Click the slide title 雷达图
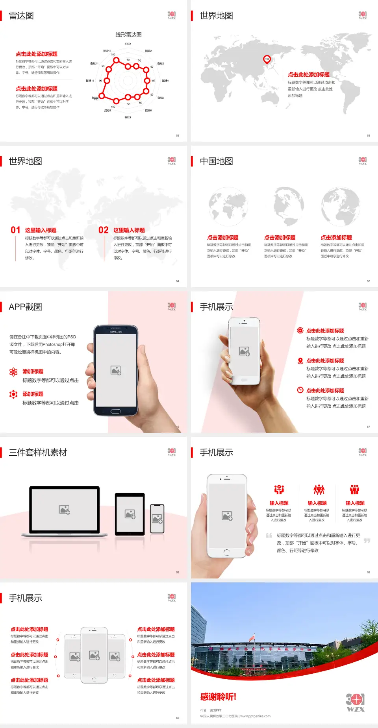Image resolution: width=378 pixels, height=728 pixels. click(21, 16)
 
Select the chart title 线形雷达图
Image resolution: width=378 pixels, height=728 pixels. click(128, 35)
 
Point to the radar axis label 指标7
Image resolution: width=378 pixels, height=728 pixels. click(128, 117)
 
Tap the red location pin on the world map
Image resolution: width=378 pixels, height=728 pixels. click(267, 59)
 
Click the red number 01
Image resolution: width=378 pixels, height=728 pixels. click(15, 230)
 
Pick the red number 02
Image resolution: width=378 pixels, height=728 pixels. click(104, 230)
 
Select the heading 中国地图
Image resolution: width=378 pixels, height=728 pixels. click(216, 161)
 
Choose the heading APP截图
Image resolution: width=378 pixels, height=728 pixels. click(25, 307)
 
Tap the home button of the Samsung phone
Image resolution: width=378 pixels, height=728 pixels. click(115, 411)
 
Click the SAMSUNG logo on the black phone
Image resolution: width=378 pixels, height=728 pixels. click(116, 332)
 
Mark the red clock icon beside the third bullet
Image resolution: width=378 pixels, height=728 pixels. click(300, 390)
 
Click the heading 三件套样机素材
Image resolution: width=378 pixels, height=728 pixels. click(38, 453)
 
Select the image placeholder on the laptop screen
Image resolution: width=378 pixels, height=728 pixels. click(65, 510)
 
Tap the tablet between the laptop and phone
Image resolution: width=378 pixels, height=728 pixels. click(130, 514)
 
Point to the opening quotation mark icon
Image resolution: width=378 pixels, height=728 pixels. click(269, 536)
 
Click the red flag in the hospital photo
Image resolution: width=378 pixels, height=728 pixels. click(252, 638)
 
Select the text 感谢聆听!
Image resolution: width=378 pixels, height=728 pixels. click(218, 697)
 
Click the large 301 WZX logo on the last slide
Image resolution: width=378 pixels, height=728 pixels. click(355, 703)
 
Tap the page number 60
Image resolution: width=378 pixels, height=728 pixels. click(178, 718)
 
